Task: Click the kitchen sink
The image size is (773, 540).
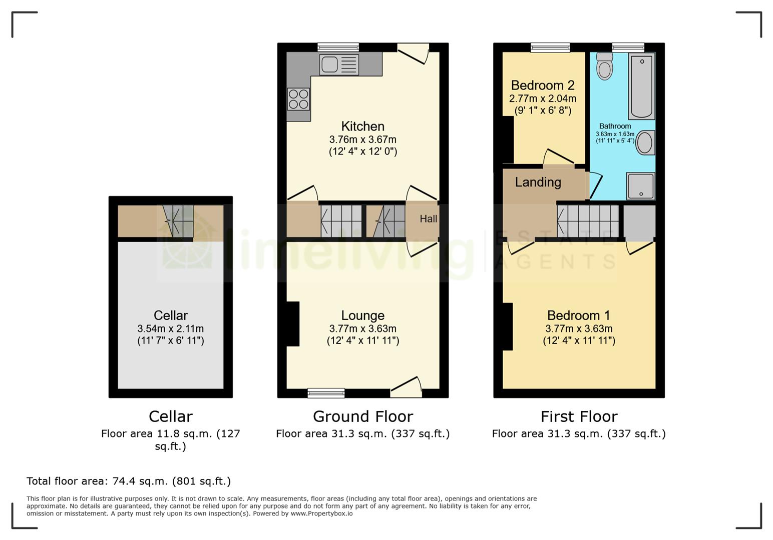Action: (339, 64)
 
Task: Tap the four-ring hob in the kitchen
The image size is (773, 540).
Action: (298, 99)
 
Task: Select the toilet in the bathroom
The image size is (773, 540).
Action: (604, 66)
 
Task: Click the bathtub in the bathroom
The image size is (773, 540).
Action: (641, 86)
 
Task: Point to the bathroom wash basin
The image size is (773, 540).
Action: (645, 142)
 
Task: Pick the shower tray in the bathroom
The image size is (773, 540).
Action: (640, 186)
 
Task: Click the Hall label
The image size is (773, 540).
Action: (428, 219)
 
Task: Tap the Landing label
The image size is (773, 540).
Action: (538, 182)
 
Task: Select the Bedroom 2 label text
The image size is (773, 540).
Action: (543, 85)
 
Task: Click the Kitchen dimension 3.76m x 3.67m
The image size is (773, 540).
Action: (362, 139)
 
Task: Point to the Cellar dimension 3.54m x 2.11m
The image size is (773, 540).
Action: (171, 328)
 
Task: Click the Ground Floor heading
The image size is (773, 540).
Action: (363, 416)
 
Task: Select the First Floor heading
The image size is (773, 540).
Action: (579, 416)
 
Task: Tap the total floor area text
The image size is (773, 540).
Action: (129, 481)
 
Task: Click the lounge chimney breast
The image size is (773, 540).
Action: (293, 324)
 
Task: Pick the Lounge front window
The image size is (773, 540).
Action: (326, 393)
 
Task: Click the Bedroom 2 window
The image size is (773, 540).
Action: (550, 47)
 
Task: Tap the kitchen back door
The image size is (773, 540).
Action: (413, 53)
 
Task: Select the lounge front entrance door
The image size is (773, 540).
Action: (406, 387)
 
